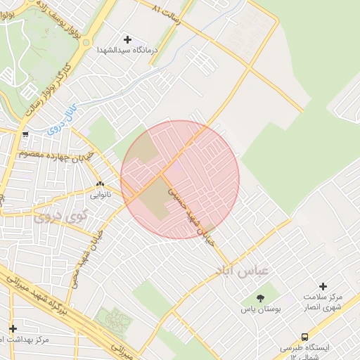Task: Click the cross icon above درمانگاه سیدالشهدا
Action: point(127,39)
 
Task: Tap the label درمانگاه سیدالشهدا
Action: point(127,51)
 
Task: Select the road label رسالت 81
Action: point(168,13)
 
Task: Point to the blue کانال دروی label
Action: point(60,122)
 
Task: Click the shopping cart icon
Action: point(26,134)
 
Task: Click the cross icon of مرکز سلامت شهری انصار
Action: point(323,286)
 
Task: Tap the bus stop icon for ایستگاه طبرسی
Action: point(304,337)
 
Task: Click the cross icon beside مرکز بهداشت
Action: point(13,328)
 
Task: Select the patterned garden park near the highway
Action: point(112,321)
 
